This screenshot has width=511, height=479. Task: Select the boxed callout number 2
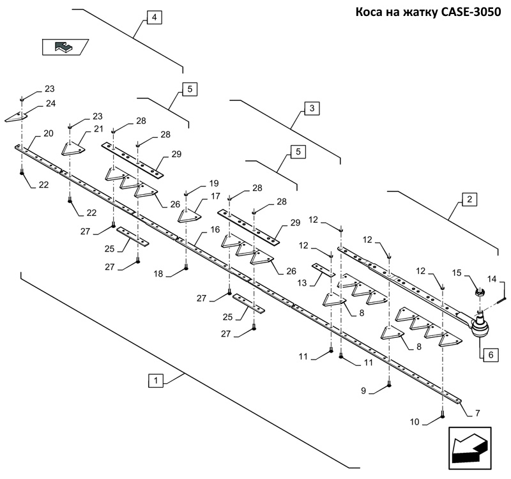click(468, 200)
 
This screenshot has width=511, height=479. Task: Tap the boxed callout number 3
click(311, 109)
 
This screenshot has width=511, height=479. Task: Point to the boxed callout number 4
click(153, 18)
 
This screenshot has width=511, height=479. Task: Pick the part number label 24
click(50, 103)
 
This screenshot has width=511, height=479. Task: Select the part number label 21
click(98, 130)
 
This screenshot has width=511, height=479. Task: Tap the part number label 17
click(215, 197)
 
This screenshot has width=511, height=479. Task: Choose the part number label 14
click(492, 279)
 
